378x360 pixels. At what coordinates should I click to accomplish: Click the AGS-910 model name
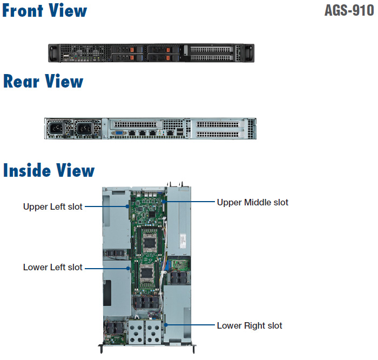click(x=349, y=11)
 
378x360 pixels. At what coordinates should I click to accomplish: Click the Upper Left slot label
click(x=52, y=206)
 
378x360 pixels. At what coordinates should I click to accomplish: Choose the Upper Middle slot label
click(x=252, y=203)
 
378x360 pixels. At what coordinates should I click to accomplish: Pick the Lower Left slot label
click(x=52, y=267)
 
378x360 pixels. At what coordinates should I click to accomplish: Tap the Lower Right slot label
click(x=249, y=325)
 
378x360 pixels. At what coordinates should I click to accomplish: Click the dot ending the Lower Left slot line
click(x=128, y=267)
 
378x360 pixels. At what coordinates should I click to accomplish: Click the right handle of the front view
click(x=249, y=53)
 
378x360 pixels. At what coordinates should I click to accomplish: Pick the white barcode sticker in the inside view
click(x=182, y=238)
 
